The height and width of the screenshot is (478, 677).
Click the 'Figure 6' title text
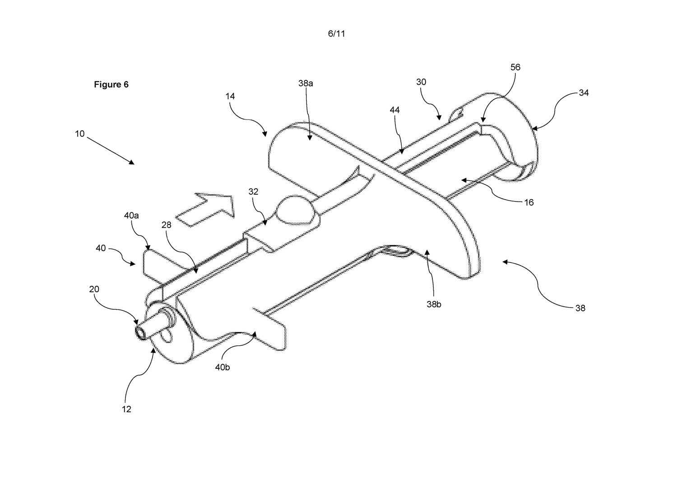point(111,84)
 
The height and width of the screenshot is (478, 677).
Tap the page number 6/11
point(336,33)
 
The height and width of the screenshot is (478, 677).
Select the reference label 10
point(80,134)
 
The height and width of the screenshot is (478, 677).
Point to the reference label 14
point(230,97)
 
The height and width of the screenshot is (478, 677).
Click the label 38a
point(306,83)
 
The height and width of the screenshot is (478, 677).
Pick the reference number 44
point(395,110)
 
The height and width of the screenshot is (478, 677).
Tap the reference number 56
point(515,67)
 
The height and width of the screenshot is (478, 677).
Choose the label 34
point(584,93)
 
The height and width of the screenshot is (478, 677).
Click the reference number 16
point(529,202)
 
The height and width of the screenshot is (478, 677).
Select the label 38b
point(434,304)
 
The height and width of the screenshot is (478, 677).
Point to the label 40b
point(222,367)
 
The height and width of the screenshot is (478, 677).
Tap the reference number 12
point(126,409)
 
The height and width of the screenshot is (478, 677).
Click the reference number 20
point(94,289)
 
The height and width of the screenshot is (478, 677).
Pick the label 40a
point(131,216)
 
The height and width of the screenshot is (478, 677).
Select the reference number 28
point(166,225)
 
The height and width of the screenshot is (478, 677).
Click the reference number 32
point(253,192)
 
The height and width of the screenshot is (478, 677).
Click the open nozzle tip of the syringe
point(140,333)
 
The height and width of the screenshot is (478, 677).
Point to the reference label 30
point(421,82)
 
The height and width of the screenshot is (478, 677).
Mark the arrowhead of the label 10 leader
point(132,163)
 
